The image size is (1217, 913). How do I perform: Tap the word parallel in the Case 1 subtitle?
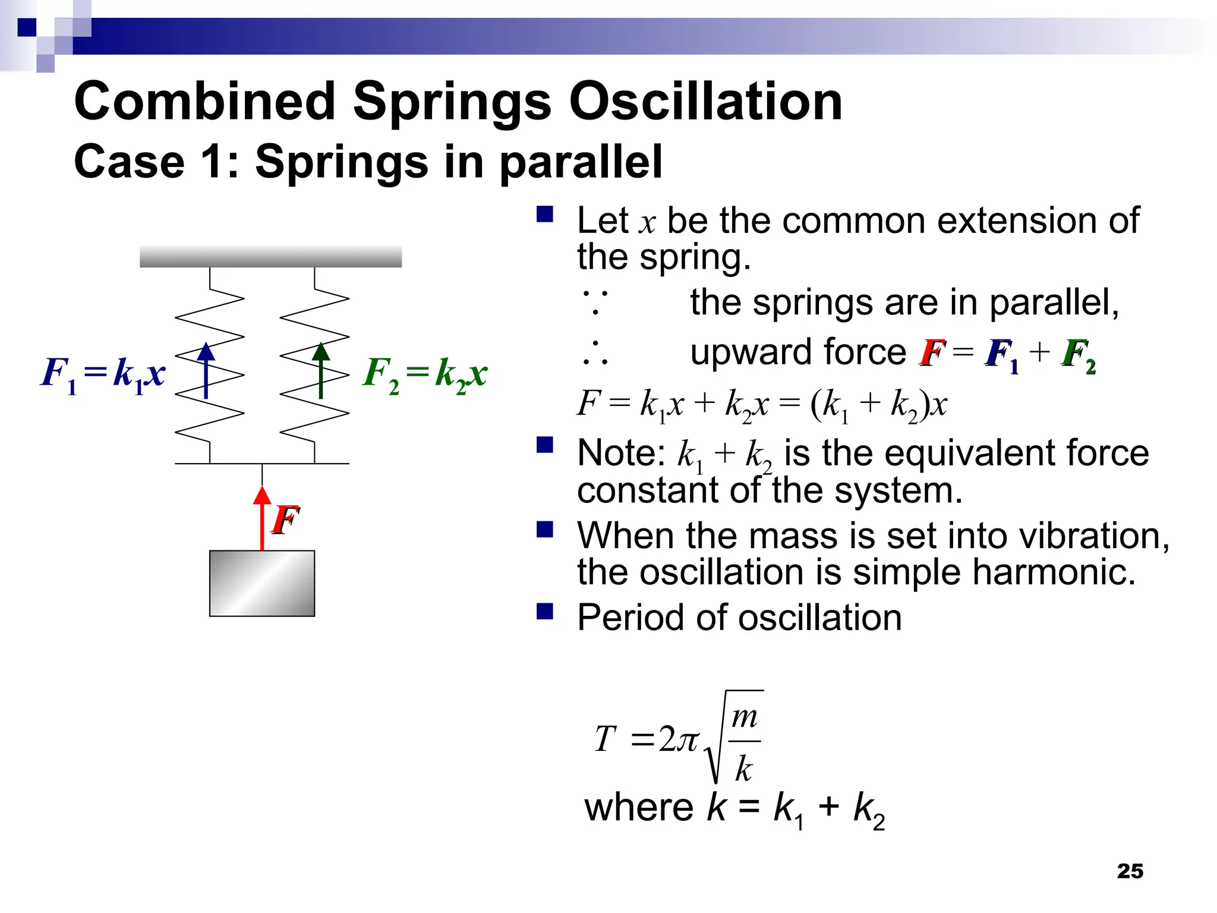click(581, 162)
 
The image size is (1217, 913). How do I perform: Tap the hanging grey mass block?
click(262, 583)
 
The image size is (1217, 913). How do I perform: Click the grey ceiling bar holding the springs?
click(270, 257)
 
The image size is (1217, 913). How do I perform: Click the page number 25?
click(1130, 871)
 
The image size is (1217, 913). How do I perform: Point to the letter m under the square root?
click(744, 717)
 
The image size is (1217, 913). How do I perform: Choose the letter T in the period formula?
click(605, 739)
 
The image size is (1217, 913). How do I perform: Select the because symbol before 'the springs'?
click(595, 302)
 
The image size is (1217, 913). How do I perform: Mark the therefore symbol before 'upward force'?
click(595, 353)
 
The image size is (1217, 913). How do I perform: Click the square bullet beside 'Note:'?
click(544, 445)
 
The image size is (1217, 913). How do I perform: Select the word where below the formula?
click(639, 808)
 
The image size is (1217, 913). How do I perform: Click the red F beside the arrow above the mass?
click(285, 520)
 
